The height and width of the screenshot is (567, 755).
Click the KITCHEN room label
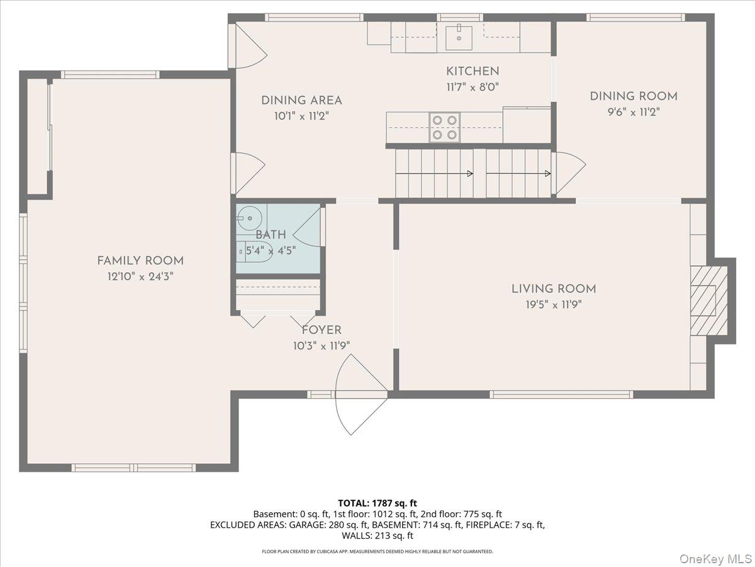point(473,71)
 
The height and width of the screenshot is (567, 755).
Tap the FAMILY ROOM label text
point(140,261)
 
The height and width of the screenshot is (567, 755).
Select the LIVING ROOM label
point(554,289)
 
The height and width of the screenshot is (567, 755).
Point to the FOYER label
point(322,330)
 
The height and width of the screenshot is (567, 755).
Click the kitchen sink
point(459,38)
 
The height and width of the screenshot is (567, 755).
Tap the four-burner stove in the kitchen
point(444,127)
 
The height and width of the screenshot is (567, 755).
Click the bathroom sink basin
point(249,219)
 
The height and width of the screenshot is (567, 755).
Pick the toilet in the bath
point(254,251)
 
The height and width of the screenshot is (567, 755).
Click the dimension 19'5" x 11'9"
point(554,305)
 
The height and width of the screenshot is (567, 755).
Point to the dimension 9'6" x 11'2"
point(634,112)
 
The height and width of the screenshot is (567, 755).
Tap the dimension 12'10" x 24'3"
point(140,277)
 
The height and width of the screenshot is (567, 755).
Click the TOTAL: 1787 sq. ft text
point(377,503)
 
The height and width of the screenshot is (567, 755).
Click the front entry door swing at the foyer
point(361,394)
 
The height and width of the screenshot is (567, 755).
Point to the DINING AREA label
point(301,101)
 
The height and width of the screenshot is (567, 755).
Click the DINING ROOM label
point(634,96)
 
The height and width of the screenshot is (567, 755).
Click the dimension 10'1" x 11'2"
point(301,117)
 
